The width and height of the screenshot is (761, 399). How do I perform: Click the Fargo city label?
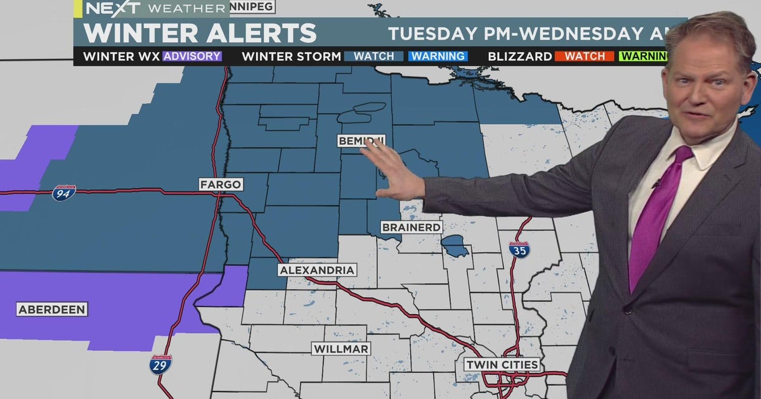220,185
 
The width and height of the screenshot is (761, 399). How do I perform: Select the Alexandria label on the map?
317,270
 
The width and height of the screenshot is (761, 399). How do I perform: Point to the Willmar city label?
341,349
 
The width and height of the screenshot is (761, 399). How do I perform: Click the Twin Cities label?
502,365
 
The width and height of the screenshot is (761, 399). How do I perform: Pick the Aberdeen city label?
52,310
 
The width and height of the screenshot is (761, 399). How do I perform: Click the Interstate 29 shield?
161,364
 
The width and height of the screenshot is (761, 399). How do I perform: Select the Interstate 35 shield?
519,249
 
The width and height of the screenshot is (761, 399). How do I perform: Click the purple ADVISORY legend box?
192,56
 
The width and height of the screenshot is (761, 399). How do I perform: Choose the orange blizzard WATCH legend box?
584,56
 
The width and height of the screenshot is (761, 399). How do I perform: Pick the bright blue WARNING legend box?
438,56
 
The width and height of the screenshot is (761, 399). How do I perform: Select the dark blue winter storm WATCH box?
374,56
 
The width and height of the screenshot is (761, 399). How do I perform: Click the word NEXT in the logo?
104,9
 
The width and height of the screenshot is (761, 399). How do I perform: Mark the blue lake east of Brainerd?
455,245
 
